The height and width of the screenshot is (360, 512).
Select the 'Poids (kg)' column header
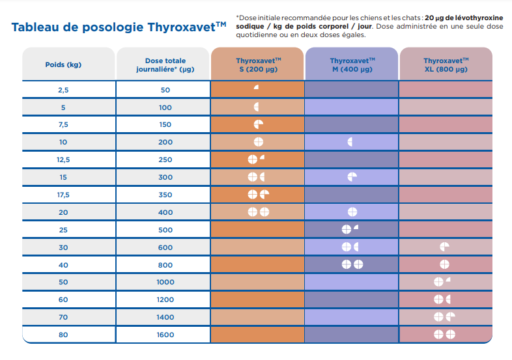coord(63,64)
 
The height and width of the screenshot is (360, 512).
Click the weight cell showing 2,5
coord(63,90)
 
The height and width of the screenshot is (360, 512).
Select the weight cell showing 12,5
coord(63,159)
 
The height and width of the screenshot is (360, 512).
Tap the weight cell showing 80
coord(63,334)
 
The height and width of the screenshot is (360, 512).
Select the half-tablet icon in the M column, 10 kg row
coord(351,142)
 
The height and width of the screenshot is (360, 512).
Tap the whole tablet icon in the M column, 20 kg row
coord(352,212)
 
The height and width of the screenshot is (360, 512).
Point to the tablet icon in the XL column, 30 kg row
coord(445,247)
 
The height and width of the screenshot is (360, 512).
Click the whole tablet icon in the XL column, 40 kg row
coord(445,264)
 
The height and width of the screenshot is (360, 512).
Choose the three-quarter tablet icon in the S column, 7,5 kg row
coord(259,124)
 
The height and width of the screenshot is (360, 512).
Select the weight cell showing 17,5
coord(63,194)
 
